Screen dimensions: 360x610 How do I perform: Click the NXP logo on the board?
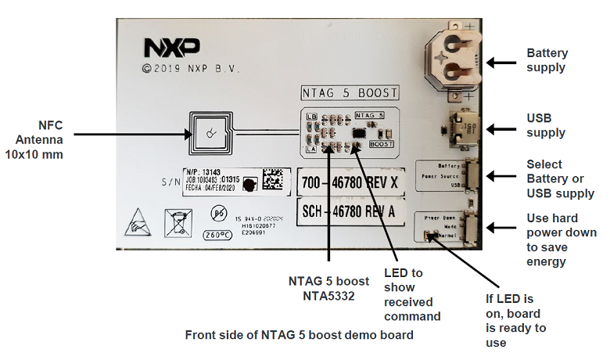point(171,48)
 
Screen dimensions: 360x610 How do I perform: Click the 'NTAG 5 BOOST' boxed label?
point(350,92)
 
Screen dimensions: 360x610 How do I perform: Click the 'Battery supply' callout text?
point(547,60)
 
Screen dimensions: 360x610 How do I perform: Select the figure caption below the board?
point(299,335)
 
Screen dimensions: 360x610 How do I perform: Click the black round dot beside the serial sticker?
point(249,185)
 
